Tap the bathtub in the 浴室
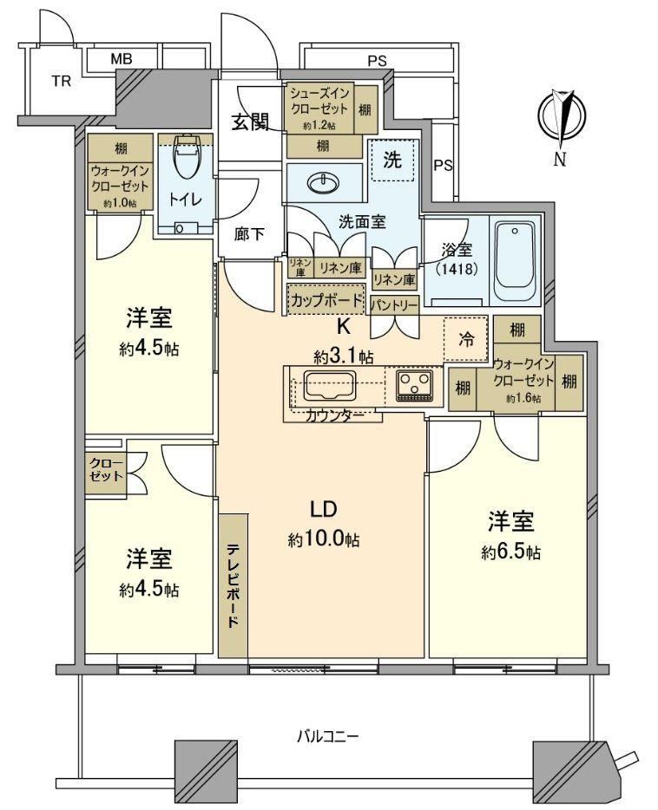[x=514, y=261]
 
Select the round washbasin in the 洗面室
[x=323, y=182]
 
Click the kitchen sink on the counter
[x=330, y=386]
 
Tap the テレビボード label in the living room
[x=233, y=585]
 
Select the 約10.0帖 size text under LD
[x=324, y=539]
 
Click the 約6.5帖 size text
[x=510, y=552]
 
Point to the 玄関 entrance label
[x=250, y=122]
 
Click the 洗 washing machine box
[x=392, y=160]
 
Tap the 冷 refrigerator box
[x=465, y=339]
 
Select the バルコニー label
[x=328, y=735]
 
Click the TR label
[x=61, y=82]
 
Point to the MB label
[x=121, y=59]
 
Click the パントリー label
[x=394, y=305]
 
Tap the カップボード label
[x=326, y=300]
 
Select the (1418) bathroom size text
[x=457, y=269]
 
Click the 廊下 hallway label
[x=249, y=234]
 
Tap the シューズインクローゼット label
[x=319, y=101]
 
